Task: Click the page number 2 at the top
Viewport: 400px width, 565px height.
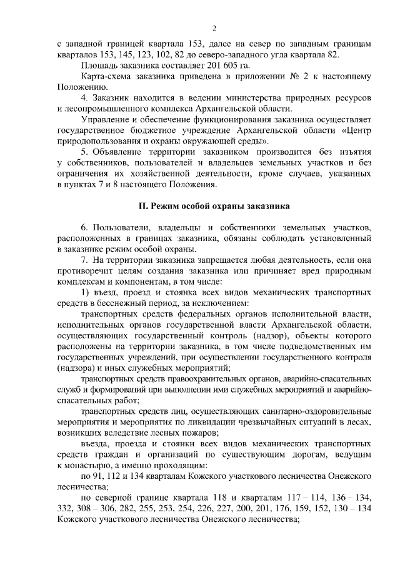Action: tap(214, 28)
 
